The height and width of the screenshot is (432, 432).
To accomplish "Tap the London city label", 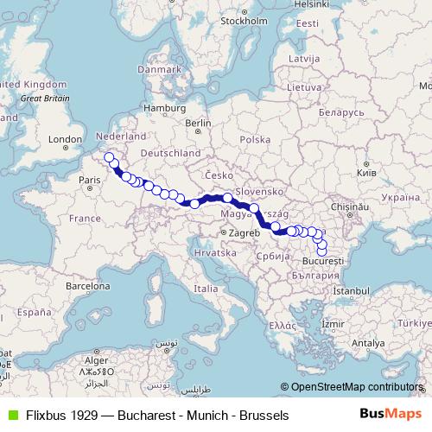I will pyautogui.click(x=65, y=139).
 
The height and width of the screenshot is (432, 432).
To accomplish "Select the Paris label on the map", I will pyautogui.click(x=90, y=180).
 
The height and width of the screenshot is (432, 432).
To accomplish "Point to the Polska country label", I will pyautogui.click(x=255, y=139).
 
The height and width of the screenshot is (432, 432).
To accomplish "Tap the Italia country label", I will pyautogui.click(x=206, y=287).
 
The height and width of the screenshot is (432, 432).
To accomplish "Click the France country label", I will pyautogui.click(x=86, y=219).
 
